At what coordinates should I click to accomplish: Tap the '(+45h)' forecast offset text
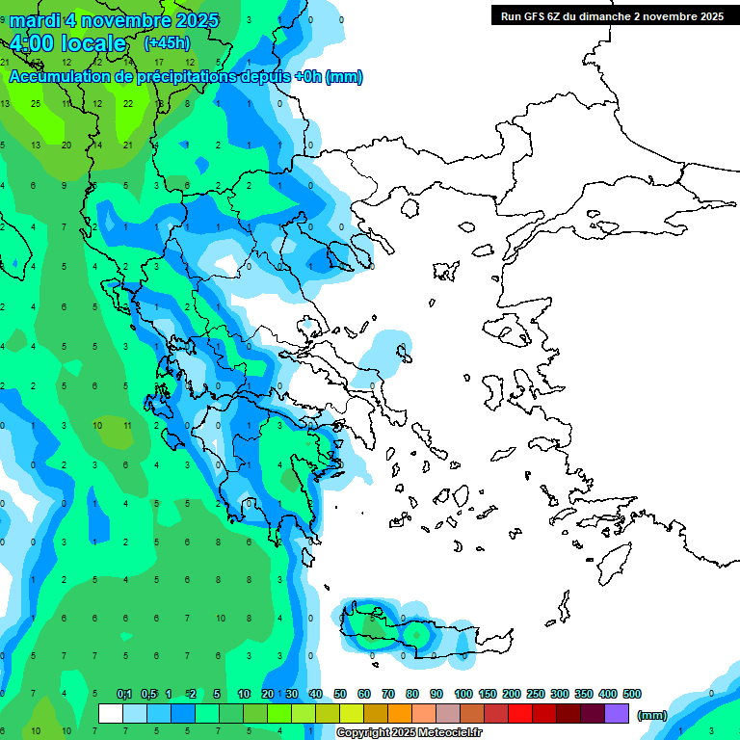(167, 43)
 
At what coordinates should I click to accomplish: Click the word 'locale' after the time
(92, 43)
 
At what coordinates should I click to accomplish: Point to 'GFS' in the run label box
(536, 16)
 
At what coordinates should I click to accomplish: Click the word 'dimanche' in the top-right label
(600, 16)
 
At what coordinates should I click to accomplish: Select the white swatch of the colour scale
(111, 714)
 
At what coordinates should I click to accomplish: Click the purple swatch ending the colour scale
(617, 714)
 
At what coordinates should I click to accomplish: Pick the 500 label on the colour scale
(632, 694)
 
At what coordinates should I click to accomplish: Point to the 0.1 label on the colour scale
(124, 694)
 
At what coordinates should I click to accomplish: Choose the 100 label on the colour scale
(462, 694)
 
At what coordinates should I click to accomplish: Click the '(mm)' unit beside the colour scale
(652, 715)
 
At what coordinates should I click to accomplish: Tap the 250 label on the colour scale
(536, 694)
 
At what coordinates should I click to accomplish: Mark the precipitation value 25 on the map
(36, 103)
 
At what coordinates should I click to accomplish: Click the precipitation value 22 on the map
(128, 103)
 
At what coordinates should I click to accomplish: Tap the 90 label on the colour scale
(436, 694)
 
